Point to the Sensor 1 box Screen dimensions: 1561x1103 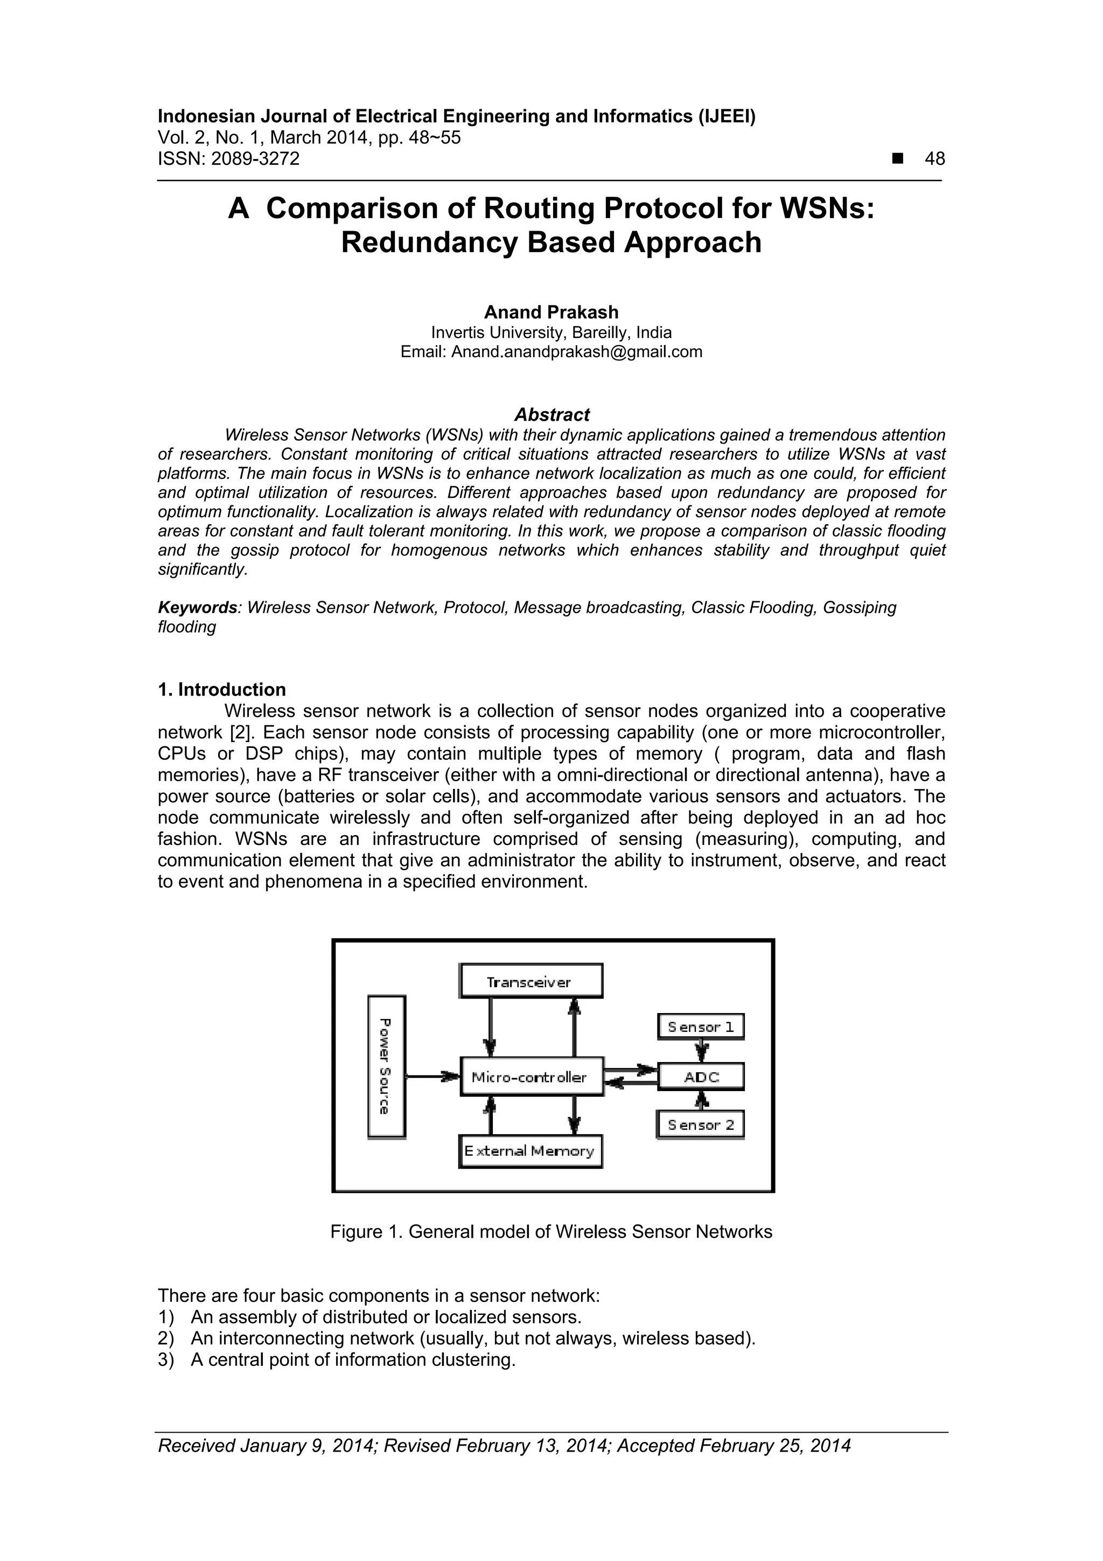click(x=701, y=1026)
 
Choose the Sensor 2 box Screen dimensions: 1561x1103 click(x=701, y=1125)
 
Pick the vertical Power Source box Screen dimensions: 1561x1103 click(x=386, y=1066)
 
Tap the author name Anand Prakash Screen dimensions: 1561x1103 click(x=551, y=312)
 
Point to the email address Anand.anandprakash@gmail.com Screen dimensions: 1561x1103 click(x=576, y=351)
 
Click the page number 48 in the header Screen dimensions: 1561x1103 click(x=934, y=159)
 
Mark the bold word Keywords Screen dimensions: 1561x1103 click(x=198, y=607)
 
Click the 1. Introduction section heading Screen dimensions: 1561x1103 click(x=221, y=689)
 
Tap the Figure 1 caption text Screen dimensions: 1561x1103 click(x=551, y=1232)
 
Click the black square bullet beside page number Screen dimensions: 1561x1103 click(x=898, y=158)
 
